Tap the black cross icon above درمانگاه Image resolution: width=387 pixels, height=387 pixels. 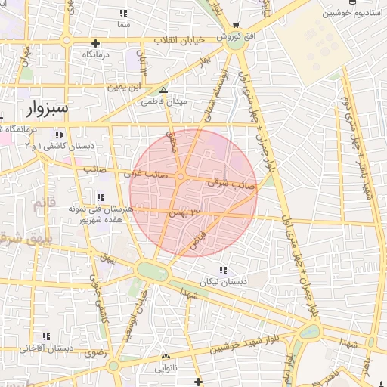coord(95,43)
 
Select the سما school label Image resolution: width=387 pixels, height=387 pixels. coord(123,24)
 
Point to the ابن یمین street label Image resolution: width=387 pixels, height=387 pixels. coord(125,88)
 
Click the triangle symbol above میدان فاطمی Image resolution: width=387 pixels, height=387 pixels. coord(163,90)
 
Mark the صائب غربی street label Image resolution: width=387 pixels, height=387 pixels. coord(146,174)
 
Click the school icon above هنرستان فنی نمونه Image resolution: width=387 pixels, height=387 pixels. coord(101,197)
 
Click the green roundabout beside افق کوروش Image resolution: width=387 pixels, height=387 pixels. coord(236,42)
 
